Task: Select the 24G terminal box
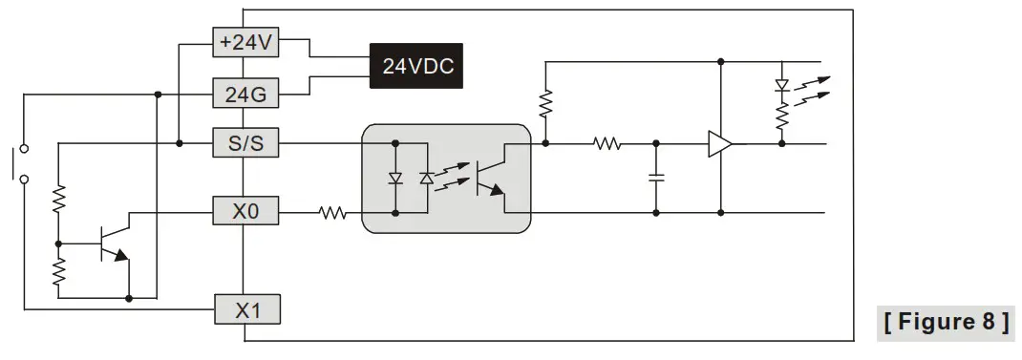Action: click(245, 95)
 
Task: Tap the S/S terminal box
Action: click(245, 144)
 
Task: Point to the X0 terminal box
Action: click(245, 212)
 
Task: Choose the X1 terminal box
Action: click(245, 309)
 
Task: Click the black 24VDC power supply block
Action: click(416, 67)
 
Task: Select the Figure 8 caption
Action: click(946, 322)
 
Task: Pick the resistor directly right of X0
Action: click(331, 213)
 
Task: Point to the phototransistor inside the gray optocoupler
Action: click(490, 177)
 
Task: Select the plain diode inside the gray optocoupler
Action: click(395, 179)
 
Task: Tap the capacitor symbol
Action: click(656, 177)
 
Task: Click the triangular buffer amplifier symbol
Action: click(719, 144)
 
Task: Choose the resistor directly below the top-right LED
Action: click(782, 116)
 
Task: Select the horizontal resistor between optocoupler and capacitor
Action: click(607, 144)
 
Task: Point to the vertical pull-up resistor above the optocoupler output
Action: click(545, 103)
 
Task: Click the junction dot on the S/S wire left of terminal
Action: click(180, 144)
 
